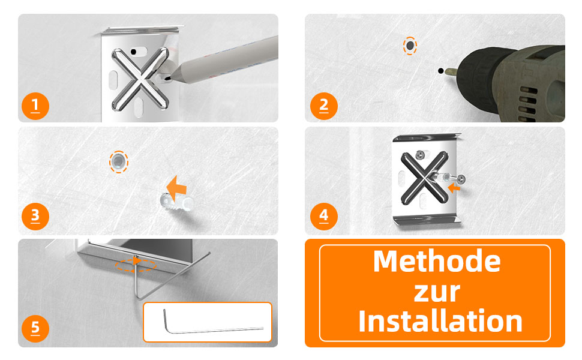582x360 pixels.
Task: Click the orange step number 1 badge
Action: [35, 106]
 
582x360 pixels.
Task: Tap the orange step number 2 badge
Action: [323, 106]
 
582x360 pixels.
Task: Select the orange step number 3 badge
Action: [35, 217]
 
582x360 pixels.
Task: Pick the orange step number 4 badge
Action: [323, 217]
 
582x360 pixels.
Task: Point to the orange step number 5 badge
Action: [35, 328]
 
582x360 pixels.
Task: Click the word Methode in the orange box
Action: [437, 261]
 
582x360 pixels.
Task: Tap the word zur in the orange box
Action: [437, 292]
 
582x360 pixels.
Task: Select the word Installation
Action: [440, 321]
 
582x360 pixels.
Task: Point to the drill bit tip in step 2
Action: [447, 71]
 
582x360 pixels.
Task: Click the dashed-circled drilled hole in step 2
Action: [410, 46]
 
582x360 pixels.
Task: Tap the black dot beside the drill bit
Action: [440, 71]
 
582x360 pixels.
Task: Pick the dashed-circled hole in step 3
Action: [119, 162]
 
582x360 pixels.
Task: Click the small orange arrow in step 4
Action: [454, 188]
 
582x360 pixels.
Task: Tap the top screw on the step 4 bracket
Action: [421, 154]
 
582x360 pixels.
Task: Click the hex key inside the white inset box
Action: [214, 322]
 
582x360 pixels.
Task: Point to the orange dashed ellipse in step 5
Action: [136, 265]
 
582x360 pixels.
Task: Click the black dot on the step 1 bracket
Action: [134, 52]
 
